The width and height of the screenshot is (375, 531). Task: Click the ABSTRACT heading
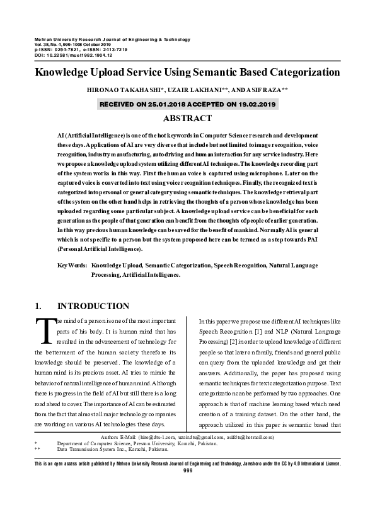click(x=187, y=118)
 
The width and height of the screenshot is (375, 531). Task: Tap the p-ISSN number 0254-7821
click(x=72, y=50)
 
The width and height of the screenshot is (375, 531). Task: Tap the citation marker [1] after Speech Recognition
click(x=259, y=332)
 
